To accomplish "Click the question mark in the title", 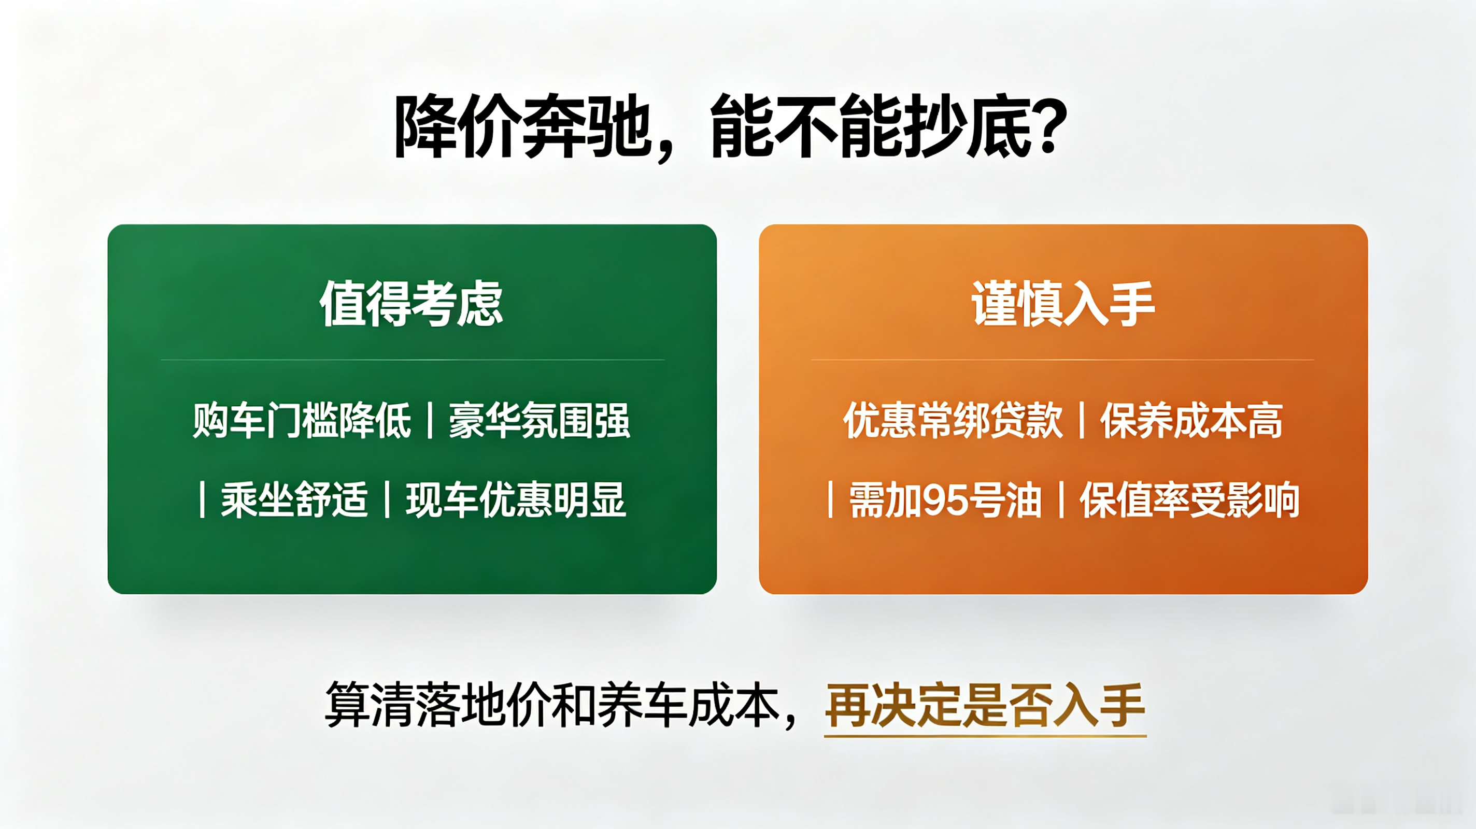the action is (x=1047, y=125).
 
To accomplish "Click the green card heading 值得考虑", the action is (x=411, y=304).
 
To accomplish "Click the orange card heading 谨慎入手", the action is (x=1063, y=304).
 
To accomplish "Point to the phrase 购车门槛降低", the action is (x=302, y=421).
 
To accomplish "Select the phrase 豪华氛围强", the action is (x=539, y=421).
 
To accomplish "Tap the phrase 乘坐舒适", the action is (x=294, y=499).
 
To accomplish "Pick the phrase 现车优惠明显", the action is (x=516, y=499).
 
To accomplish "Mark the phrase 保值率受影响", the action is (x=1189, y=499).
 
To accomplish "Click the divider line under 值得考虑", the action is (x=413, y=360).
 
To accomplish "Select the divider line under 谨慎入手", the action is (x=1063, y=360).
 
